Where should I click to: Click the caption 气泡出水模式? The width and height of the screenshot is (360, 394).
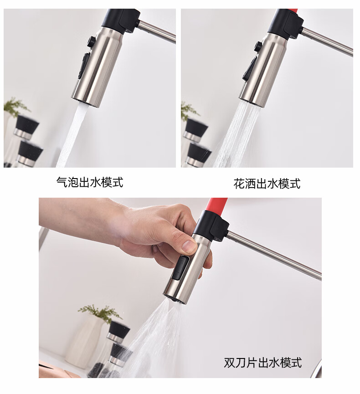[90, 182]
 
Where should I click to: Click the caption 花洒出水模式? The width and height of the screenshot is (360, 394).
[267, 184]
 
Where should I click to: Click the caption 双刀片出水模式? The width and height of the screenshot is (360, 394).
[263, 363]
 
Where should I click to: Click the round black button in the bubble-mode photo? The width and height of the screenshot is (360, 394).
[92, 41]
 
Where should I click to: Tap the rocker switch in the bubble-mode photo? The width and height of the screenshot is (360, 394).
[85, 65]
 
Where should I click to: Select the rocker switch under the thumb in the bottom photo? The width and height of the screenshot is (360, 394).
[180, 268]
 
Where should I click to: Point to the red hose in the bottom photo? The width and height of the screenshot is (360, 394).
[217, 205]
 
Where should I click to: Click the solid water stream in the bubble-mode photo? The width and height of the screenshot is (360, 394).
[72, 136]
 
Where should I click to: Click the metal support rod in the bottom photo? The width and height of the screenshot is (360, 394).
[274, 255]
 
